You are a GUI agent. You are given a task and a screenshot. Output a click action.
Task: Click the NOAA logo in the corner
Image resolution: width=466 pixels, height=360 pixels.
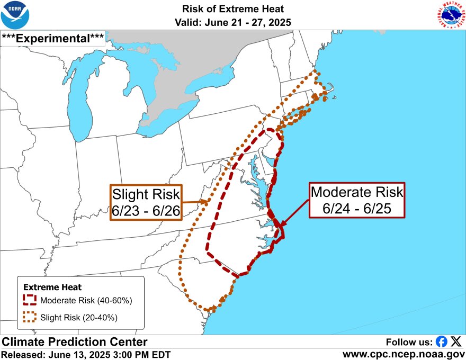(15, 15)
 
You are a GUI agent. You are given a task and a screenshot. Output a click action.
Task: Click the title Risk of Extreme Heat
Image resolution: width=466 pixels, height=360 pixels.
(233, 9)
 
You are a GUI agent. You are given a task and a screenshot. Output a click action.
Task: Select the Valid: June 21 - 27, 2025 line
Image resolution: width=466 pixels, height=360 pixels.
(233, 22)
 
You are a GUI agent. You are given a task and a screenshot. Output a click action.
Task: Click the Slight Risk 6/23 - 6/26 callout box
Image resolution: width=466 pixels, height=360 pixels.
(146, 202)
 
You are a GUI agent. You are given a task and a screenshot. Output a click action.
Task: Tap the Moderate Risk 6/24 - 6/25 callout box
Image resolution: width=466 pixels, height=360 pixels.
(357, 200)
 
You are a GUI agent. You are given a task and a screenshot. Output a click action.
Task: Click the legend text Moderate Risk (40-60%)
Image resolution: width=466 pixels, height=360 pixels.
(86, 301)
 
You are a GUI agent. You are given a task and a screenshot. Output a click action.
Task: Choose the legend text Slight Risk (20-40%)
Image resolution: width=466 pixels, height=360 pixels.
(79, 318)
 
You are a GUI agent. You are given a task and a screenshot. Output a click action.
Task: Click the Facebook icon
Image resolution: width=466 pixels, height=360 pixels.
(441, 341)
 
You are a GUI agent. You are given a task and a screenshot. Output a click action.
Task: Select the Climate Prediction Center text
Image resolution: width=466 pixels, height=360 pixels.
(74, 342)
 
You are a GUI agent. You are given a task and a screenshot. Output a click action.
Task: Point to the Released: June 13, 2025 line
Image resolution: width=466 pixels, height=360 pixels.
(86, 354)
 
